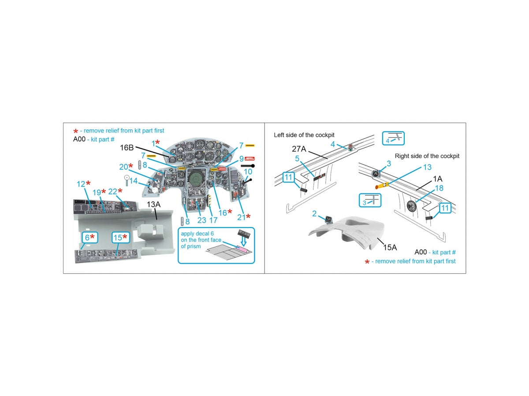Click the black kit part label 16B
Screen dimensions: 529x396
tap(127, 147)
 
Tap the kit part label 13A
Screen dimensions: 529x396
tap(153, 204)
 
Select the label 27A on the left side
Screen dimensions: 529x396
tap(299, 149)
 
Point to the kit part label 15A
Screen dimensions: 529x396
tap(390, 247)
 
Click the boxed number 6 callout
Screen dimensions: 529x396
tap(90, 238)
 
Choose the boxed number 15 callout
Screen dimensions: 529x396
tap(121, 238)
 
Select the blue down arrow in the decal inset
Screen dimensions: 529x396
tap(243, 242)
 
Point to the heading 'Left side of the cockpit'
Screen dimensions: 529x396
tap(304, 135)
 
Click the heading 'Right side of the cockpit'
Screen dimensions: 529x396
tap(427, 156)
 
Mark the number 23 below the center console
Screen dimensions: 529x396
tap(201, 220)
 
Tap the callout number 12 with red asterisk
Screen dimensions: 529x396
tap(83, 183)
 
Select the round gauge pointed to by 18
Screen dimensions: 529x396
tap(411, 205)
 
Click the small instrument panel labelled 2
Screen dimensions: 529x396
tap(328, 220)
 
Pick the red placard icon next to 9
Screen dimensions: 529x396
tap(250, 158)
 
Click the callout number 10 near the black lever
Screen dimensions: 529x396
tap(248, 172)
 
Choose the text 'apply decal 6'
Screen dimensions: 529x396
tap(197, 234)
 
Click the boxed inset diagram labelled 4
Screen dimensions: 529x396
tap(393, 138)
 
